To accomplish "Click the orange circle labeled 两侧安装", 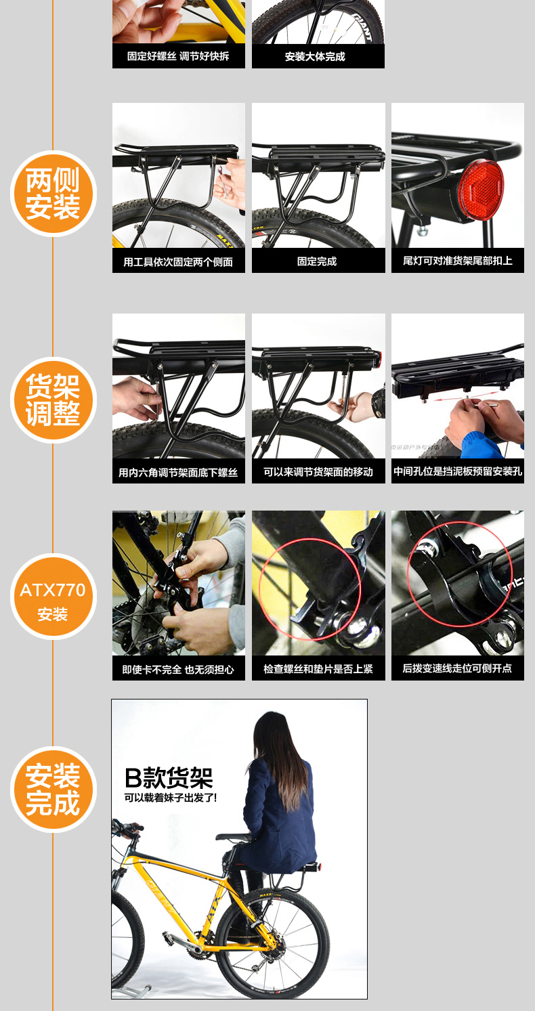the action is pyautogui.click(x=53, y=194).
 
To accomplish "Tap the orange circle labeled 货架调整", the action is pyautogui.click(x=53, y=400).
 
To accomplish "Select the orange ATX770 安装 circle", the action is pyautogui.click(x=53, y=596).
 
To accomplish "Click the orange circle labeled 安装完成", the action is pyautogui.click(x=53, y=790).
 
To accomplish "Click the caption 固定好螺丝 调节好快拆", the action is pyautogui.click(x=178, y=56).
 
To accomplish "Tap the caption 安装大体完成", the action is pyautogui.click(x=315, y=56).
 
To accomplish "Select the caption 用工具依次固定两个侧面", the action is pyautogui.click(x=178, y=262).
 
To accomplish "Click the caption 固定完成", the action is pyautogui.click(x=317, y=261).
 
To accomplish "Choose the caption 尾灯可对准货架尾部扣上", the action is pyautogui.click(x=458, y=261).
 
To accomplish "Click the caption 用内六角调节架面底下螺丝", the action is pyautogui.click(x=178, y=473).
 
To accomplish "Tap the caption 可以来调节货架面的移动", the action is pyautogui.click(x=318, y=472).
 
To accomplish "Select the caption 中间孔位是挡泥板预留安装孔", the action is pyautogui.click(x=458, y=472).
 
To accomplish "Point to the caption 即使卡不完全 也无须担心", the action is pyautogui.click(x=178, y=669).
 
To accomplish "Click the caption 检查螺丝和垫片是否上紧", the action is pyautogui.click(x=318, y=669).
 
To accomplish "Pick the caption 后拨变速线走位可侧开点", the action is pyautogui.click(x=457, y=668).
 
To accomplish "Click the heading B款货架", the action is pyautogui.click(x=169, y=777).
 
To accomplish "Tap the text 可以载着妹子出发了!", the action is pyautogui.click(x=171, y=798).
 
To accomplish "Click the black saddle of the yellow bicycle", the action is pyautogui.click(x=232, y=837).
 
